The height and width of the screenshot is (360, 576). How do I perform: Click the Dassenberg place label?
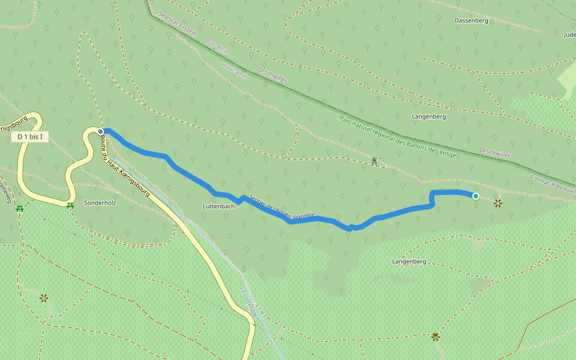point(471,20)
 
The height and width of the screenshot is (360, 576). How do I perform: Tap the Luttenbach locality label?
point(218,206)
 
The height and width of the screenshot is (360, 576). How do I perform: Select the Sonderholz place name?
point(100,203)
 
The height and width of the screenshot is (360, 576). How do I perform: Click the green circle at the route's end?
point(476,196)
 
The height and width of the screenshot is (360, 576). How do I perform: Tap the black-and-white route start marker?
point(101,131)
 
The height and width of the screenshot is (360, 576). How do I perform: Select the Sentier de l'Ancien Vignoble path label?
point(281,207)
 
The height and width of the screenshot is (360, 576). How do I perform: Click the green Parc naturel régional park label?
point(399,137)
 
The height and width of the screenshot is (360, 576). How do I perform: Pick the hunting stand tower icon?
point(374,161)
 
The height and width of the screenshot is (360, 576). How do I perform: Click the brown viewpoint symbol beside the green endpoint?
point(497,203)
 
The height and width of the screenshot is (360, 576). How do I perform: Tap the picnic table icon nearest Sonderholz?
point(70,206)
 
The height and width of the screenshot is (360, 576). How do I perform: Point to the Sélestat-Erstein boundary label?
point(178,23)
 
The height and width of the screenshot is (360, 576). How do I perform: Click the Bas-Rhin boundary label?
point(217,47)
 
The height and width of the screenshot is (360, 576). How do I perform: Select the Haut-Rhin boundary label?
point(235,72)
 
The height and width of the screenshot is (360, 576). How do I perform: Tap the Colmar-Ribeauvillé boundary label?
point(553,184)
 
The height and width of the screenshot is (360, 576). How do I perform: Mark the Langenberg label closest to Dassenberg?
point(429,116)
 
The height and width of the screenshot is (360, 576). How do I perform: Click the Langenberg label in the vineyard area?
point(409,262)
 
